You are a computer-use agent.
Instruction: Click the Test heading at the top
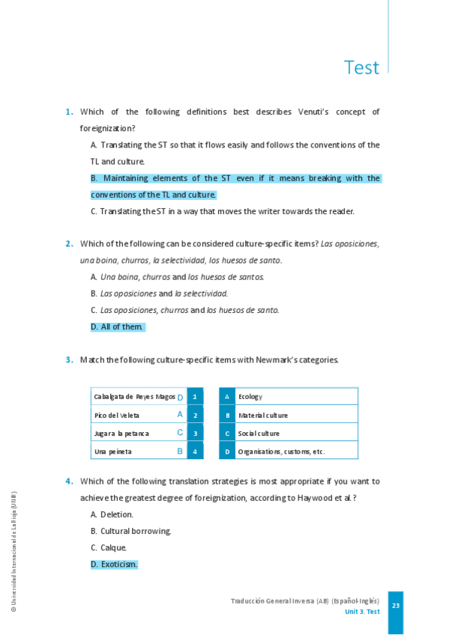(x=361, y=67)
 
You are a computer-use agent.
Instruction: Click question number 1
(x=68, y=112)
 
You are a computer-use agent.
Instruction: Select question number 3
(x=68, y=359)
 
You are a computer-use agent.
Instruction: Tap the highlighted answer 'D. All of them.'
(x=118, y=327)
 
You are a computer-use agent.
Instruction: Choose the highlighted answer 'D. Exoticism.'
(x=114, y=564)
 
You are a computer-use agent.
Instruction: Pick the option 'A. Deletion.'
(x=112, y=514)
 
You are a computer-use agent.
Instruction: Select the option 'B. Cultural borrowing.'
(x=130, y=531)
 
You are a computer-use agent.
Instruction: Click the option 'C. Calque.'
(x=108, y=547)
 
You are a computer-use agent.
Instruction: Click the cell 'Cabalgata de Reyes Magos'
(x=134, y=396)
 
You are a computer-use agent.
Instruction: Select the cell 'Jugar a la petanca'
(x=121, y=434)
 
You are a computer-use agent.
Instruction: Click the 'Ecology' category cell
(x=250, y=396)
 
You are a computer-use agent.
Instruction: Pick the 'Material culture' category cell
(x=262, y=415)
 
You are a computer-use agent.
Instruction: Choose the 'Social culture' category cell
(x=259, y=434)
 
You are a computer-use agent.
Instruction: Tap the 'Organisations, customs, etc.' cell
(x=281, y=452)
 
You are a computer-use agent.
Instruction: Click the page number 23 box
(x=396, y=605)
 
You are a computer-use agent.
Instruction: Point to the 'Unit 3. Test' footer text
(x=362, y=612)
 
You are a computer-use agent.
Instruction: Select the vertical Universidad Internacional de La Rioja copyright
(x=13, y=552)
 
